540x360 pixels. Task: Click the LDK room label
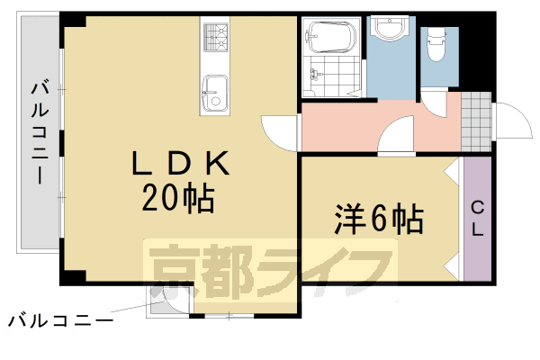pos(183,164)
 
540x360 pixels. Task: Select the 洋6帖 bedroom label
pos(381,218)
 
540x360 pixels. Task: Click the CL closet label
pos(477,219)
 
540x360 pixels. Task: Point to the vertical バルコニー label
pos(39,133)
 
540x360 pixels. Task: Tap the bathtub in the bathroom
pos(331,38)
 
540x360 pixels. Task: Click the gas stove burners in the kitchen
pos(217,37)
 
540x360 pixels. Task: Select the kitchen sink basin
pos(215,92)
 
